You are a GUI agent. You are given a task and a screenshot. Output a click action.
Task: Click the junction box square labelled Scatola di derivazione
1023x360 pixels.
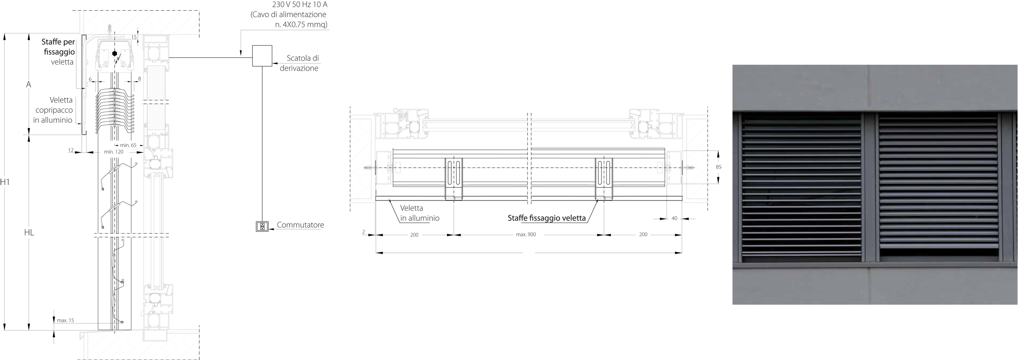[262, 56]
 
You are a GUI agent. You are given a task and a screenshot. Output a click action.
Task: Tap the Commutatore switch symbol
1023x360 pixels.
[262, 226]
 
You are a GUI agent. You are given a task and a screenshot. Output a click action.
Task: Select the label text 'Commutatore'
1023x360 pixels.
[300, 225]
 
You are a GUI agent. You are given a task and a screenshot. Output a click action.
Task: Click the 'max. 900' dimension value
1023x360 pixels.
[526, 234]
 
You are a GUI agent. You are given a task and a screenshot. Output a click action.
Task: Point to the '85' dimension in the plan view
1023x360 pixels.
[719, 167]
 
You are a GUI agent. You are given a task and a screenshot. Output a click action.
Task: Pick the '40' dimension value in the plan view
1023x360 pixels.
[674, 218]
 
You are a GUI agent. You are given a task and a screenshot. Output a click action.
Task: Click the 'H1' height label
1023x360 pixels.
[5, 182]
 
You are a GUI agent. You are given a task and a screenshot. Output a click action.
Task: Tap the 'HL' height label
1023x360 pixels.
[29, 232]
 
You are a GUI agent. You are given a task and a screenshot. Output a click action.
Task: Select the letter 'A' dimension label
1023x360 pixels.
[29, 84]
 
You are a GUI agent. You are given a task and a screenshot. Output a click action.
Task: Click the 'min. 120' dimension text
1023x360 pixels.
[114, 152]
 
